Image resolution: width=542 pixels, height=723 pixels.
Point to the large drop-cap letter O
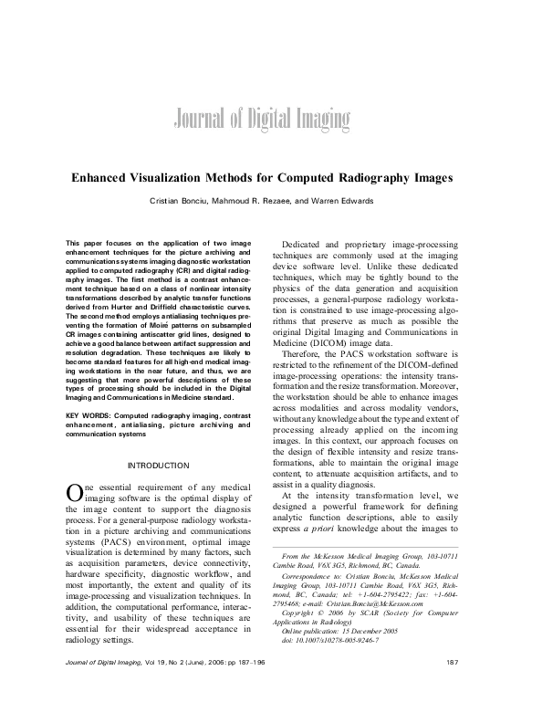[75, 466]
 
